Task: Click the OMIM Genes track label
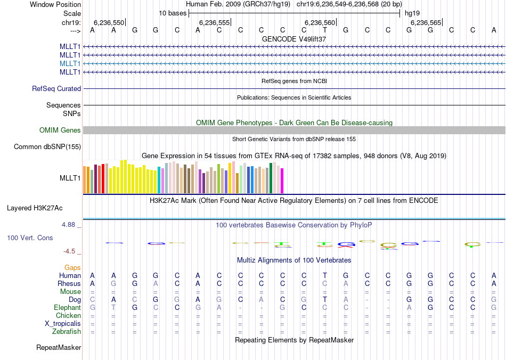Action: (60, 130)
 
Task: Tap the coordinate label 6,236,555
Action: (214, 22)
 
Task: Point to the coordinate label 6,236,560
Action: (320, 22)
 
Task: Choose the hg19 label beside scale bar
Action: (411, 13)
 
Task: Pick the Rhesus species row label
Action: (69, 284)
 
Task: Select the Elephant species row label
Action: (67, 308)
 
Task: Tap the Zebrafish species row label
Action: (67, 331)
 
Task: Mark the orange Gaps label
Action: (72, 267)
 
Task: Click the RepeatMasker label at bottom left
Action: (59, 347)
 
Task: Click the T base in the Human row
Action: (324, 275)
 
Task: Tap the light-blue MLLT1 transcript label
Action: (70, 63)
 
